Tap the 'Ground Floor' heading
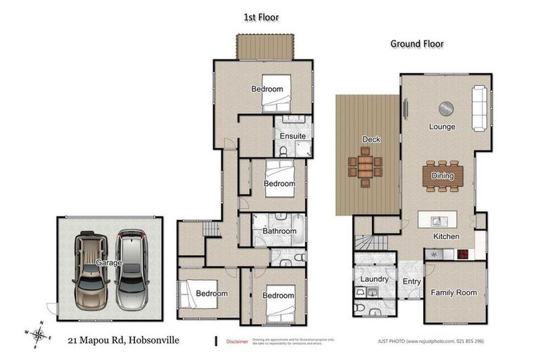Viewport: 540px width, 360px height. coord(417,44)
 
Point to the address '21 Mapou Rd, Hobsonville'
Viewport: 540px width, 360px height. coord(123,340)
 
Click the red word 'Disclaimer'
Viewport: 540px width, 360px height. coord(238,341)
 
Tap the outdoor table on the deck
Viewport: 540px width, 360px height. coord(366,167)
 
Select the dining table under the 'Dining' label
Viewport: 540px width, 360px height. coord(442,176)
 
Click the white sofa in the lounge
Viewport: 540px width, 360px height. coord(479,108)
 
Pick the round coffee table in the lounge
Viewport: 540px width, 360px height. coord(446,108)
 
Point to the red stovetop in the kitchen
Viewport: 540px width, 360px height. coord(463,255)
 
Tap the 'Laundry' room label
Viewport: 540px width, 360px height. coord(374,279)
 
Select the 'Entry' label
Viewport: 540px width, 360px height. coord(411,282)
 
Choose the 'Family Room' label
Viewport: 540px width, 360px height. coord(454,292)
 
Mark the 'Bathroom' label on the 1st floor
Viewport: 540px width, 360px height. coord(279,231)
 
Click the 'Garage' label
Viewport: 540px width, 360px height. coord(109,262)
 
